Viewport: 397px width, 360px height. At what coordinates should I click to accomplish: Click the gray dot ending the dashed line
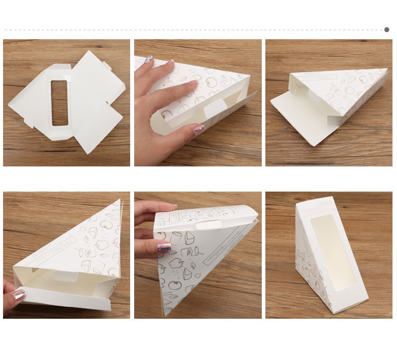click(386, 30)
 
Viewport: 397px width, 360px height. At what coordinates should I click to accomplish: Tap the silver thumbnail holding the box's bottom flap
click(19, 294)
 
